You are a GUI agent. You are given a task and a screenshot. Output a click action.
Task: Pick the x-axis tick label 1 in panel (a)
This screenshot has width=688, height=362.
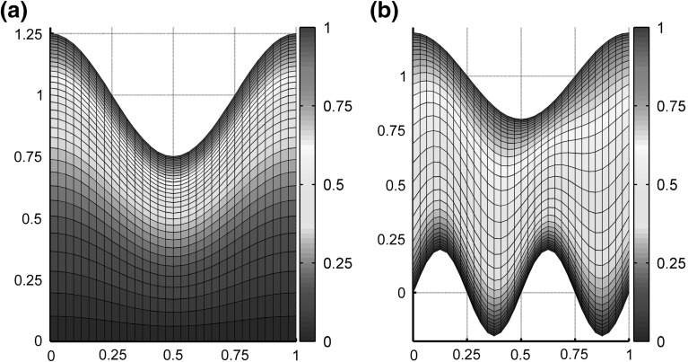pyautogui.click(x=296, y=354)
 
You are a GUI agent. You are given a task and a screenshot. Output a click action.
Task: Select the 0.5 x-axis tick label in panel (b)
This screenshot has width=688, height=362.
pyautogui.click(x=521, y=354)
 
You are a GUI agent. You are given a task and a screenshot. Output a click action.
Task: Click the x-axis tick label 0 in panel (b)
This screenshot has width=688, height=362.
pyautogui.click(x=414, y=354)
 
